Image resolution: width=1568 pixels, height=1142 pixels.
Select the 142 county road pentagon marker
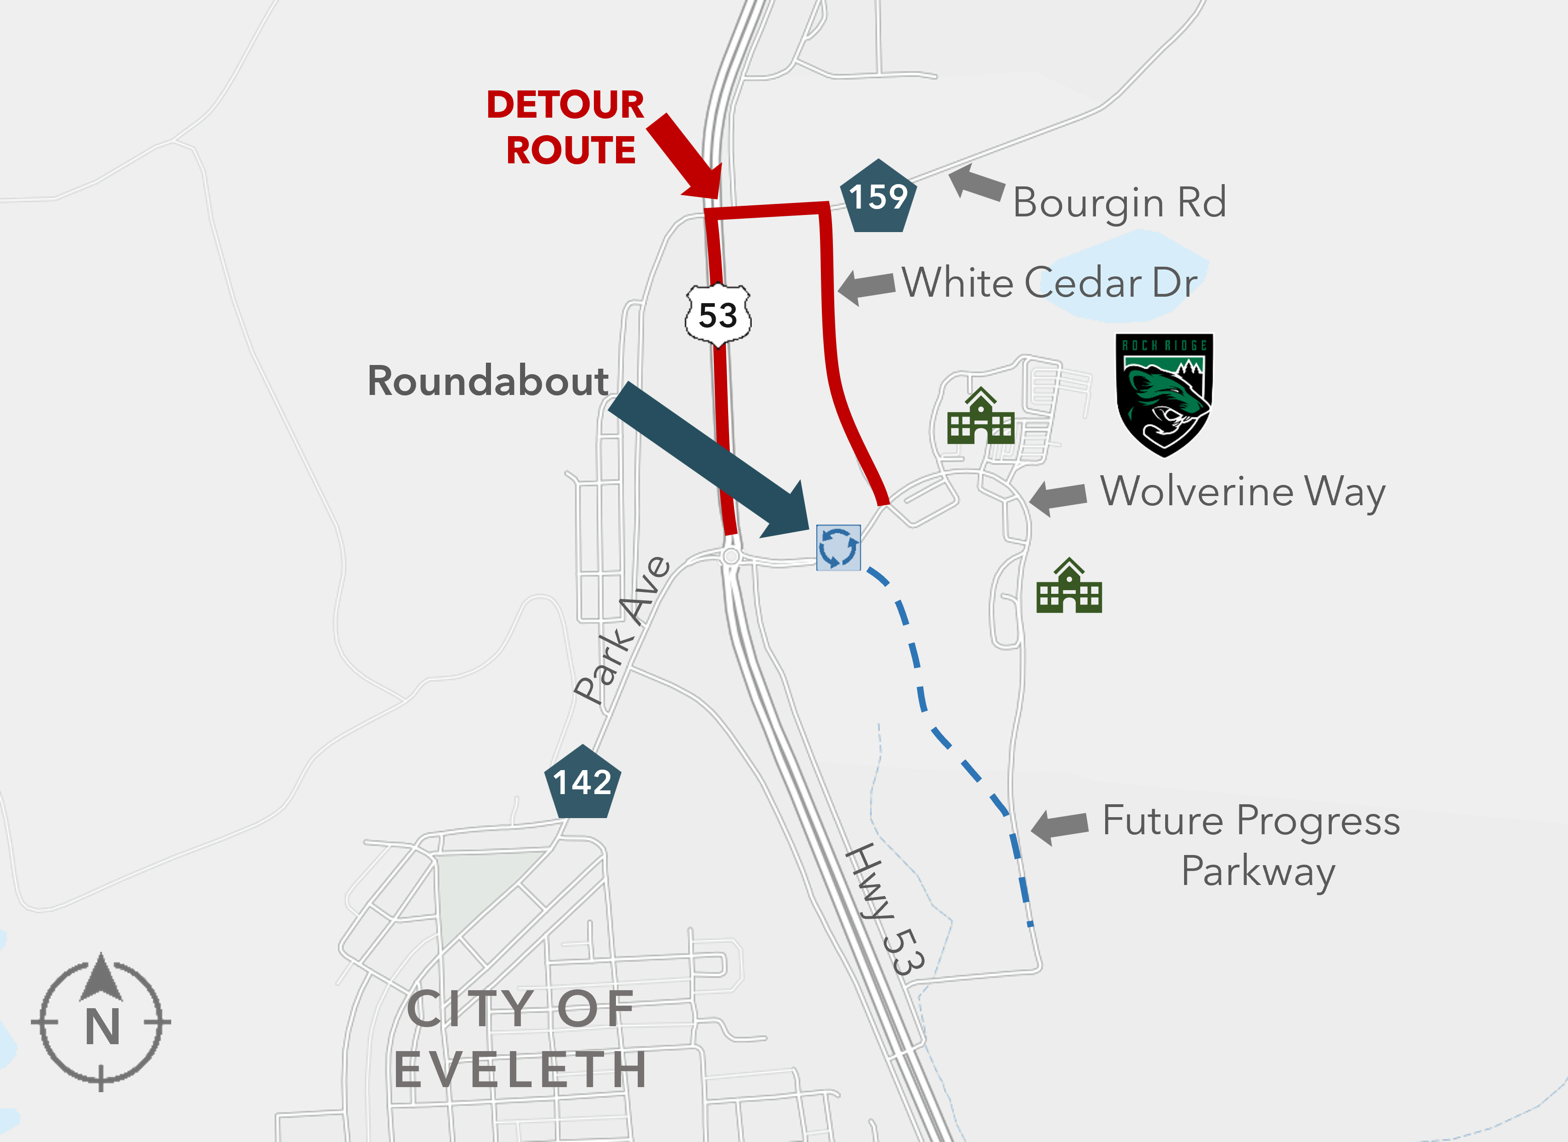coord(582,783)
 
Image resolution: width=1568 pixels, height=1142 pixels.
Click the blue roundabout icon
coord(838,548)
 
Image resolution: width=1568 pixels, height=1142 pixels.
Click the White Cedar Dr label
coord(1049,283)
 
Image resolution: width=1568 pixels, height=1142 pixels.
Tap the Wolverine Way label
coord(1242,492)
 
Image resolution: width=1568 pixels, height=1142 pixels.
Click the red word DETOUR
coord(565,105)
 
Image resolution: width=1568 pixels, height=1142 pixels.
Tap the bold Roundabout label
coord(487,381)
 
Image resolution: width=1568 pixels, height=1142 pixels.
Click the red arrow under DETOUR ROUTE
coord(684,155)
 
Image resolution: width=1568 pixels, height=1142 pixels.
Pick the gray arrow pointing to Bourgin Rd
coord(976,183)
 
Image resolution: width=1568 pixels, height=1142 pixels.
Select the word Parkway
coord(1257,871)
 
